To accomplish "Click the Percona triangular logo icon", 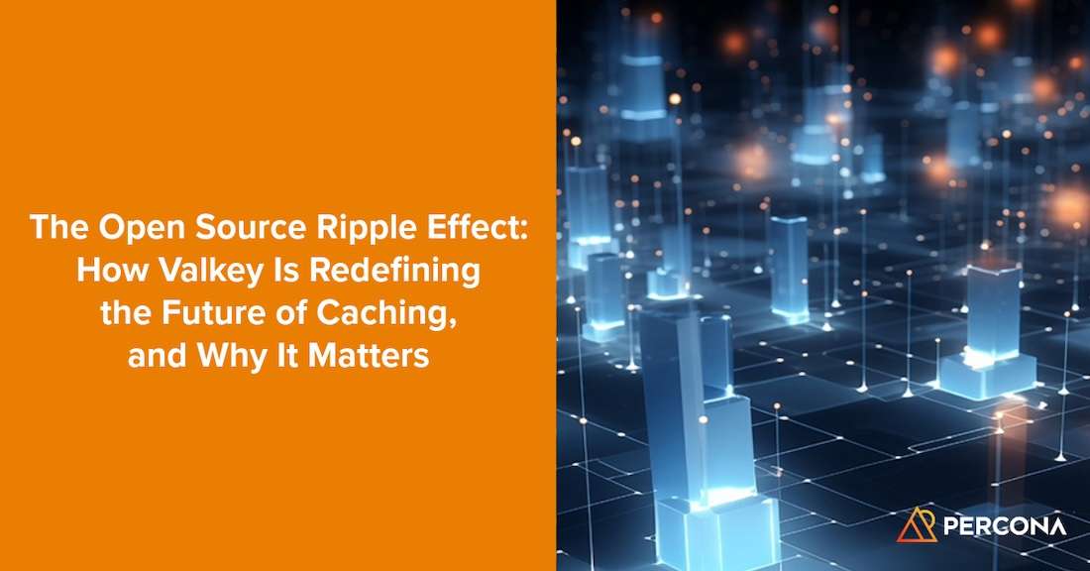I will point(917,525).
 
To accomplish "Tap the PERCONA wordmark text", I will point(1004,526).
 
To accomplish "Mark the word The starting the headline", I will point(61,228).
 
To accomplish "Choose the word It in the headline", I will point(288,356).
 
